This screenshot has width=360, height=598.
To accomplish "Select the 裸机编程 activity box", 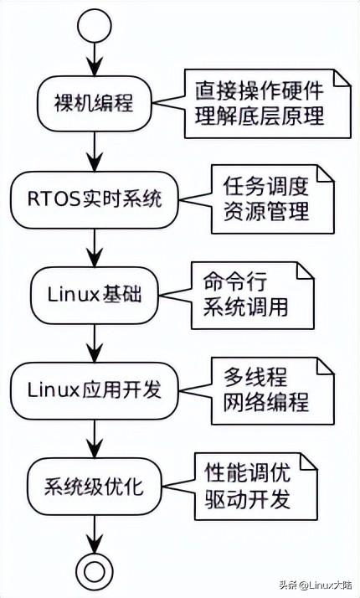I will (x=94, y=105).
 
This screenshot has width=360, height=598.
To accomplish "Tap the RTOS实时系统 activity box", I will (x=94, y=200).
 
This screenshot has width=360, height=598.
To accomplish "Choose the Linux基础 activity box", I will (x=94, y=295).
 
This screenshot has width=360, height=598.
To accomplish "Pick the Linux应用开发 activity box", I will (x=94, y=390).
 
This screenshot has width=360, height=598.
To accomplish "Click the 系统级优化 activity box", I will (x=94, y=485).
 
